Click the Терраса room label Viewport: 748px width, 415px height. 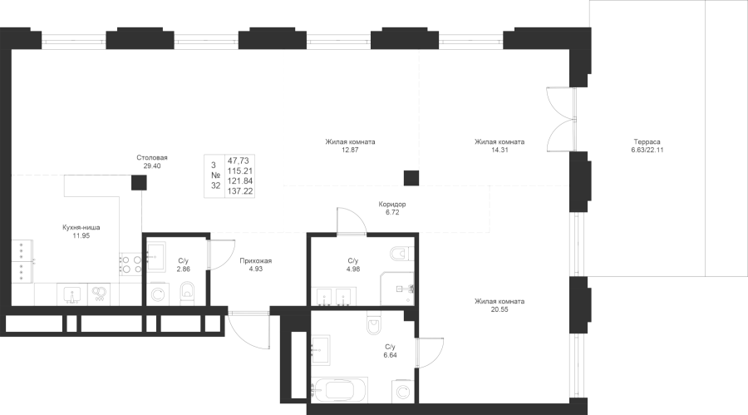pos(647,142)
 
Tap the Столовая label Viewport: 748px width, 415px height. pos(152,157)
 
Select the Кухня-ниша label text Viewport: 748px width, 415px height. pos(81,227)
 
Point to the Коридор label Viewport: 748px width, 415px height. pos(392,205)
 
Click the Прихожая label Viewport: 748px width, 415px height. pos(256,261)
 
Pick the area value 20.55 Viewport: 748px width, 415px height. pos(499,309)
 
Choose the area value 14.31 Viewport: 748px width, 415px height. pos(499,150)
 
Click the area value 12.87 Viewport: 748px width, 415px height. pos(350,150)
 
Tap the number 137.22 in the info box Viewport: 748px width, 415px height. pos(240,191)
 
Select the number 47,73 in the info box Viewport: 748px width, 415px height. pos(239,161)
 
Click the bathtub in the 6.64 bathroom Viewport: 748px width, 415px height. pos(340,392)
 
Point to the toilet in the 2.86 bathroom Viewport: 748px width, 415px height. pos(188,291)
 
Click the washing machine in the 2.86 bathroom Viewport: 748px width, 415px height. pos(157,294)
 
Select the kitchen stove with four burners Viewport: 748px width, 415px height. pos(130,264)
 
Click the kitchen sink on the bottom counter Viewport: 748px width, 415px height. pos(72,294)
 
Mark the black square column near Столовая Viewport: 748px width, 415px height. pos(139,182)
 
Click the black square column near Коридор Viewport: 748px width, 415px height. pos(411,178)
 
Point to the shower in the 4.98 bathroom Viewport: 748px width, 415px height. pos(397,289)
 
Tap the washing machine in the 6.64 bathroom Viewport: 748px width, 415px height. pos(402,392)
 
